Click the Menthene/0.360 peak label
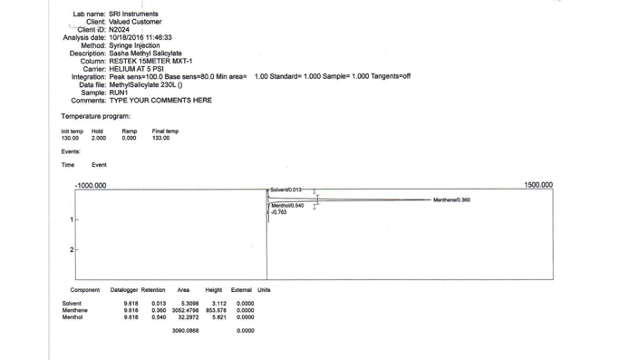pyautogui.click(x=451, y=199)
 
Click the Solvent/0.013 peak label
pyautogui.click(x=287, y=190)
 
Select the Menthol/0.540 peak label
pyautogui.click(x=288, y=206)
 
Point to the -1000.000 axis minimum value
pyautogui.click(x=91, y=185)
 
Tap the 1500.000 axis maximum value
pyautogui.click(x=537, y=185)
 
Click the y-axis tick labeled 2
pyautogui.click(x=72, y=249)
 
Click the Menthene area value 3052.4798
pyautogui.click(x=185, y=310)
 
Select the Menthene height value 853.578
pyautogui.click(x=216, y=310)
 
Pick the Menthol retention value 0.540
pyautogui.click(x=159, y=317)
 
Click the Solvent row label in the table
pyautogui.click(x=72, y=304)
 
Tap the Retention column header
pyautogui.click(x=153, y=290)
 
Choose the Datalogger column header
pyautogui.click(x=124, y=290)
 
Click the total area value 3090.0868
pyautogui.click(x=185, y=331)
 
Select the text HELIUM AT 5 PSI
pyautogui.click(x=137, y=69)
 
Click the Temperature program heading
pyautogui.click(x=96, y=116)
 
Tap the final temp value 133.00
pyautogui.click(x=160, y=139)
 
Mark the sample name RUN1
pyautogui.click(x=119, y=92)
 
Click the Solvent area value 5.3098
pyautogui.click(x=189, y=304)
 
